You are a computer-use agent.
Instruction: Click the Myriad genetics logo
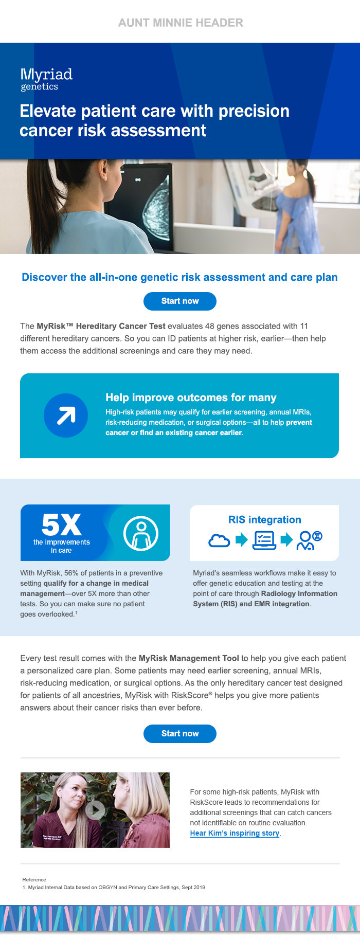pos(46,80)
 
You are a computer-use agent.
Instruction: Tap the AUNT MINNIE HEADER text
pos(181,23)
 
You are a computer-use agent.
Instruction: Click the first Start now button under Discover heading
pos(180,301)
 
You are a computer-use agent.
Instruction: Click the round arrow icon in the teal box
pos(66,415)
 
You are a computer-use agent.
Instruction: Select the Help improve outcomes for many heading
pos(191,397)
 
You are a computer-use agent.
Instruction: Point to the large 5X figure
pos(61,525)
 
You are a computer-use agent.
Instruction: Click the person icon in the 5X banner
pos(141,533)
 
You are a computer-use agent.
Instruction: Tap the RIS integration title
pos(265,519)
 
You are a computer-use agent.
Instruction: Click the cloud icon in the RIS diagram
pos(219,540)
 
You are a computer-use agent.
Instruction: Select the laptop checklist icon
pos(264,540)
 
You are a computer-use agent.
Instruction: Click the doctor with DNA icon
pos(310,540)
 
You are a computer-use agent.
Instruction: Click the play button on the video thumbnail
pos(95,810)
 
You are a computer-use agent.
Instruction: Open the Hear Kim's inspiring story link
pos(235,833)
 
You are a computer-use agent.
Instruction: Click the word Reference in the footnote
pos(34,879)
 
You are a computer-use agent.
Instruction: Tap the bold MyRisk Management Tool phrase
pos(189,658)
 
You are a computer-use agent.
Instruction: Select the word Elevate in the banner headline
pos(48,111)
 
